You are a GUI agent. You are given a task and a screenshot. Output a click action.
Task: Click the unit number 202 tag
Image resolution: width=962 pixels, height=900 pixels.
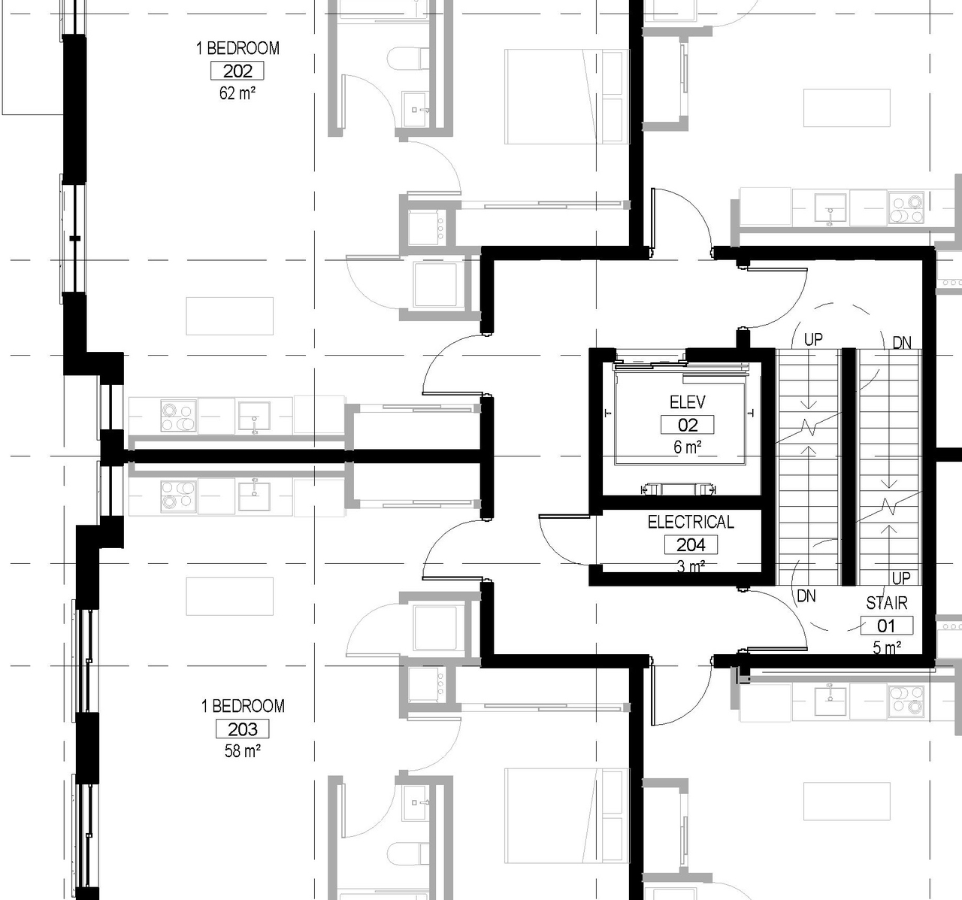coord(237,71)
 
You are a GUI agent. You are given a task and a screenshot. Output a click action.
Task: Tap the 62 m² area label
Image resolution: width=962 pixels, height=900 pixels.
coord(237,93)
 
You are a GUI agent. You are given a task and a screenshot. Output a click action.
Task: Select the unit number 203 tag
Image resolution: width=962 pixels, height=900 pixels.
coord(242,729)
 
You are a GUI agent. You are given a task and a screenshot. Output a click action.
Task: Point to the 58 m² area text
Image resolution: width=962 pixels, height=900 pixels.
coord(242,750)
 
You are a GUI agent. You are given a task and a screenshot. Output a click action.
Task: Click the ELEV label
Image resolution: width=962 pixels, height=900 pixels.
coord(687,402)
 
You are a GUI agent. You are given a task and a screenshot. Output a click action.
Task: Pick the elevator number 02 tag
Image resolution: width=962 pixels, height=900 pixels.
coord(687,425)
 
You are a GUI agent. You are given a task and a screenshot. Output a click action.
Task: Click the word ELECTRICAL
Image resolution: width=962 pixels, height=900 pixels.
coord(691,522)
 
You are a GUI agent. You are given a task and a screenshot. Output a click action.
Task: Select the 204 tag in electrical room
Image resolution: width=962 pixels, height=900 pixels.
coord(691,544)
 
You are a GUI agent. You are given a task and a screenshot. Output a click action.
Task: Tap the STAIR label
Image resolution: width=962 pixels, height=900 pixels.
coord(886,603)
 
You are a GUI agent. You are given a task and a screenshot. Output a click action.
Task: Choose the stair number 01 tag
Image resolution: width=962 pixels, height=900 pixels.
coord(886,625)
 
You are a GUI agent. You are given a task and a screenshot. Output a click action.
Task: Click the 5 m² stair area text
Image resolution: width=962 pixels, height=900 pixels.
coord(887,647)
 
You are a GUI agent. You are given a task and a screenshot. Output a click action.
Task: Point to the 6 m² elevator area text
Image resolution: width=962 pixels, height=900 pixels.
coord(687,447)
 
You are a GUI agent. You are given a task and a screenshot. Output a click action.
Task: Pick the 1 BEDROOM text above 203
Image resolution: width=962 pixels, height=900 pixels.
coord(242,706)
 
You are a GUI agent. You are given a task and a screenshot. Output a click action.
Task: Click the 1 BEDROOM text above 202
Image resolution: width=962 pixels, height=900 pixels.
coord(237,48)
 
